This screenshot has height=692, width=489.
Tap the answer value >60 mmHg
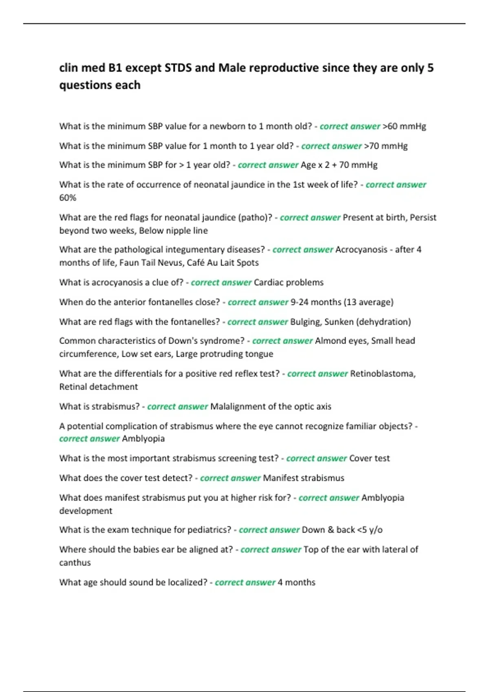click(404, 127)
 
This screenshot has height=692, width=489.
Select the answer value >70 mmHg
click(385, 146)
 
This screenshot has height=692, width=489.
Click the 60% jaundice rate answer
click(68, 198)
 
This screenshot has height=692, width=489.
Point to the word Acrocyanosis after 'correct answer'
click(361, 250)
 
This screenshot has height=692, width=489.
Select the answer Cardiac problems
click(289, 282)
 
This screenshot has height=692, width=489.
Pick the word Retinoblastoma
click(382, 374)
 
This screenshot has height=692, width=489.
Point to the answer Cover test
click(369, 458)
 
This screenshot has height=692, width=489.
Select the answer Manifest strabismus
click(304, 478)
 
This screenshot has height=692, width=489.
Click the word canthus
click(75, 563)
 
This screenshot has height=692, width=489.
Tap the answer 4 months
click(296, 583)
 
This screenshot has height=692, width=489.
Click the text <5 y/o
click(370, 530)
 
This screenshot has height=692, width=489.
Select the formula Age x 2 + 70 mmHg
click(339, 165)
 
